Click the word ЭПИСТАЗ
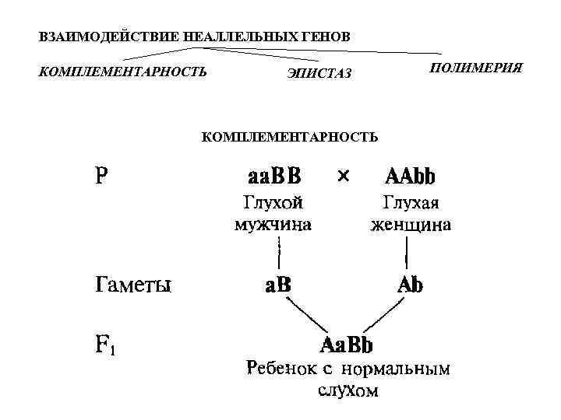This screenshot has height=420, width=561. pos(319,74)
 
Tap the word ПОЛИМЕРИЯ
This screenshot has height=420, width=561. pos(475,68)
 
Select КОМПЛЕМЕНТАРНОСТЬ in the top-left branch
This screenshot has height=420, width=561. pos(122,72)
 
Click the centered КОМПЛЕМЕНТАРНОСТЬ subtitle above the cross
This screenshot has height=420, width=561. pos(290,137)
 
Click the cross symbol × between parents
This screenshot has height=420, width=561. pos(344,177)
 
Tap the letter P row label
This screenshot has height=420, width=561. pos(101,176)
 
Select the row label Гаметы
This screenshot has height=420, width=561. pos(133,285)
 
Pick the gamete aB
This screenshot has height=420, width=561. pos(277,285)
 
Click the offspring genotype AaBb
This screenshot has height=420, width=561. pos(347,343)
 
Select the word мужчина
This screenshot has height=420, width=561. pos(273,226)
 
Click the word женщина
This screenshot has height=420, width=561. pos(411,226)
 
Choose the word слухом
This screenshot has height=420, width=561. pos(348,390)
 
